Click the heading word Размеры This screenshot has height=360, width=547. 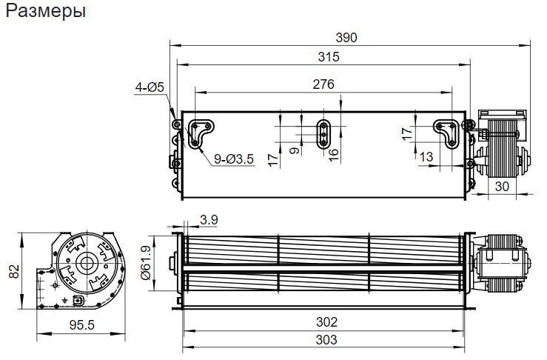46,11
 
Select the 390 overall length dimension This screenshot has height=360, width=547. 346,37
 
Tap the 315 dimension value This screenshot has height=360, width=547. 328,56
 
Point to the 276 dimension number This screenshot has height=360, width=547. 323,84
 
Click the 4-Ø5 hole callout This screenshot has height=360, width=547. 150,87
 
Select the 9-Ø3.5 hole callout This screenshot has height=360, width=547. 234,159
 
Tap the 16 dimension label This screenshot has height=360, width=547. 334,155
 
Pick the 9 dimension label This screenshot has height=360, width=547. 295,151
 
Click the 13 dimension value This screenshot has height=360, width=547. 426,157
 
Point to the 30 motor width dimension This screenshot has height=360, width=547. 502,187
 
